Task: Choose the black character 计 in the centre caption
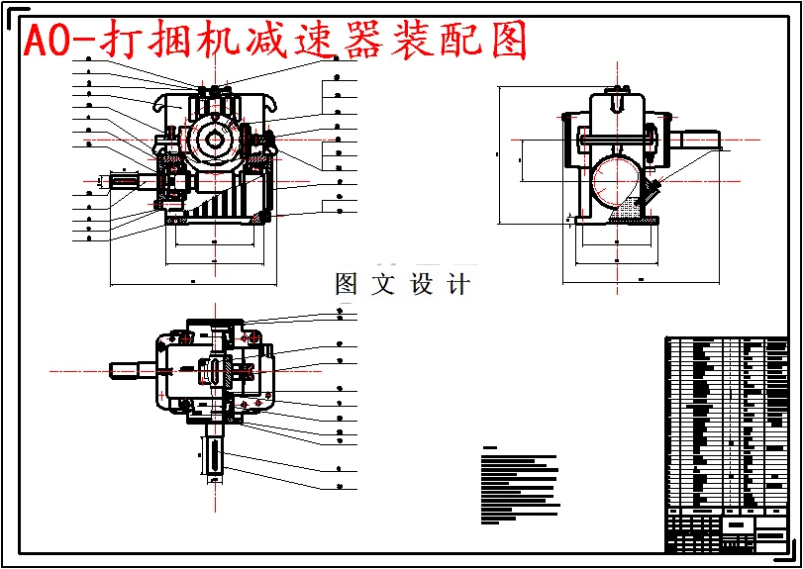[458, 285]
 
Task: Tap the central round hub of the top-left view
[215, 139]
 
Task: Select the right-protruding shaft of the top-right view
[699, 140]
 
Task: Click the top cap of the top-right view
[617, 100]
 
